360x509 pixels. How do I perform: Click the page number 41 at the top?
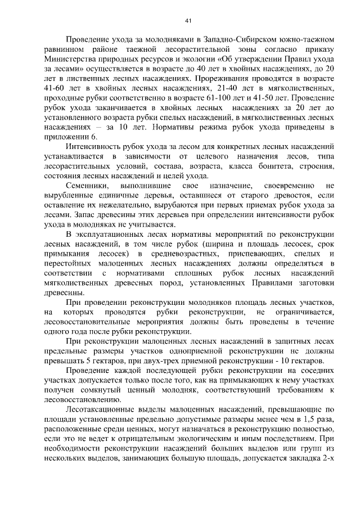pos(188,21)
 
